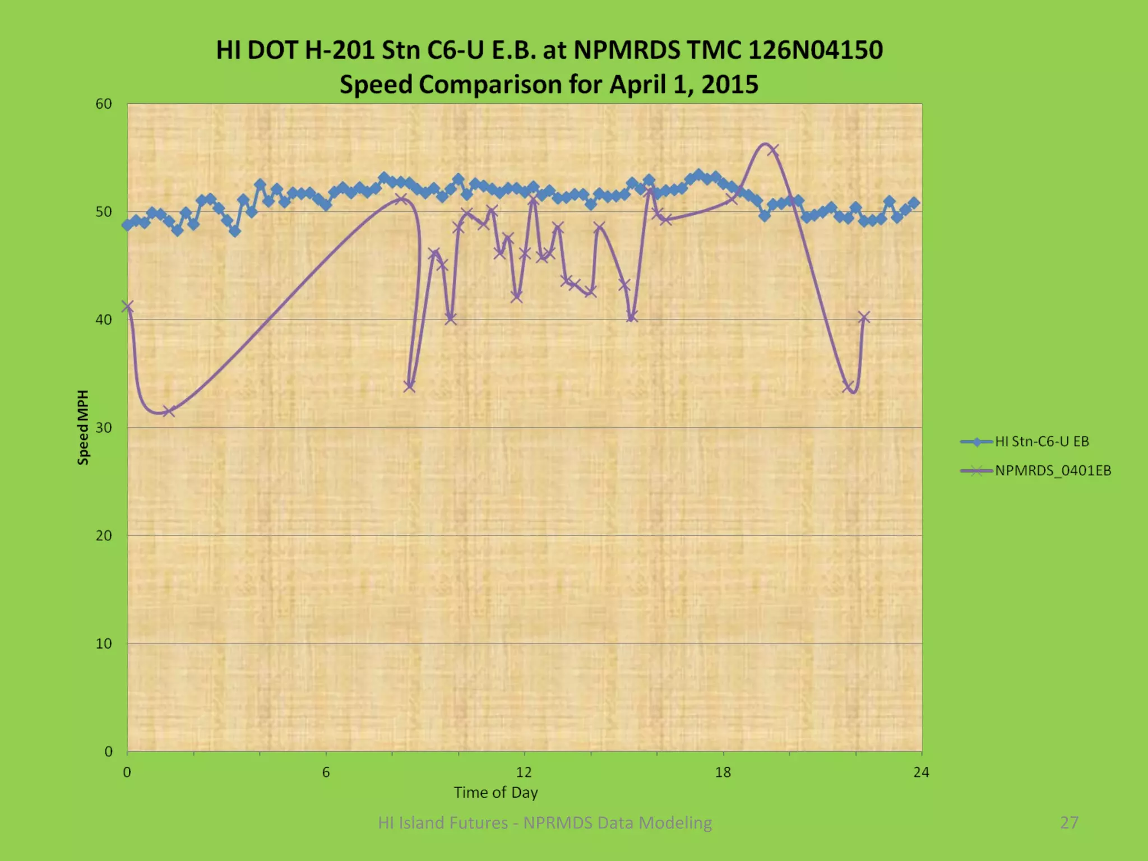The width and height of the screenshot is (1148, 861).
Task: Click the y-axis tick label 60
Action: [x=104, y=104]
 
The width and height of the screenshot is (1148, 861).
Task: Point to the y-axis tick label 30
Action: [x=104, y=428]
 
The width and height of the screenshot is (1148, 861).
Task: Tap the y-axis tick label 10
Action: [x=104, y=644]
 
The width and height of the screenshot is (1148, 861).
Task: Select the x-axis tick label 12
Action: [x=524, y=772]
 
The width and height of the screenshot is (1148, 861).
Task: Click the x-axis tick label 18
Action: [x=723, y=772]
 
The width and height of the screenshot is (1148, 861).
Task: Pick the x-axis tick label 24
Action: [x=921, y=772]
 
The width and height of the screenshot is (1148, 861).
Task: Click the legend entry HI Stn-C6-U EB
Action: [x=1041, y=442]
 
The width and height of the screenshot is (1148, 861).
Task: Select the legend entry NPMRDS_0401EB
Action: [x=1053, y=471]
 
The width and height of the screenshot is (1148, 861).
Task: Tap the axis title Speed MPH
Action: [x=83, y=428]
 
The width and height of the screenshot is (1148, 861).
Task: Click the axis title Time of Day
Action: [x=496, y=793]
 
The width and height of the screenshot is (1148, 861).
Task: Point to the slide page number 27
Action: [x=1069, y=822]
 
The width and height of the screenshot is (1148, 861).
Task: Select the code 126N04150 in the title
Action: [x=816, y=50]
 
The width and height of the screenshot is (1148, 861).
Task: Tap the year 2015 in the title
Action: [x=729, y=85]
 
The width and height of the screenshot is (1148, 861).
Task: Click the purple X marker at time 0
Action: [x=128, y=307]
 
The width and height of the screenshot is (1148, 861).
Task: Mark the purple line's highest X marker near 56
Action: [x=772, y=150]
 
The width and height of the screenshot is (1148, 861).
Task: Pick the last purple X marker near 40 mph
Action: [x=864, y=318]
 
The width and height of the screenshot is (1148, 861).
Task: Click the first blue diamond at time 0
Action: [x=128, y=225]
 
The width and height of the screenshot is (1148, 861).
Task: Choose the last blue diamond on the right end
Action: [x=914, y=203]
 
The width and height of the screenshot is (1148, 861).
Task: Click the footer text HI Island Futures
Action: [x=442, y=822]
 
